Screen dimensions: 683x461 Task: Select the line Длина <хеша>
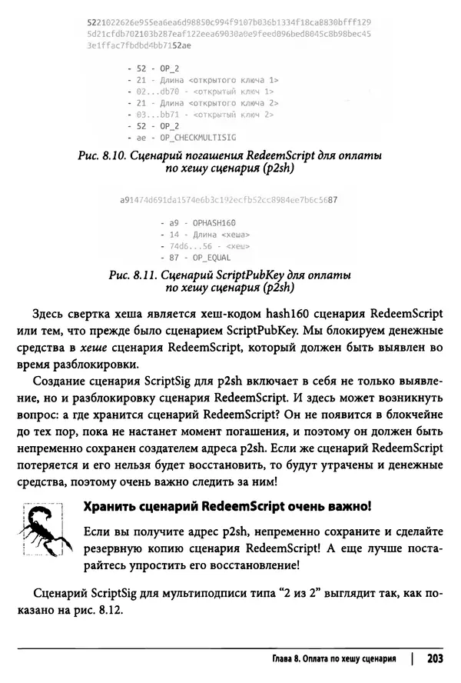coord(204,233)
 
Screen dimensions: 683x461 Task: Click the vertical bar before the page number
coord(412,660)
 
